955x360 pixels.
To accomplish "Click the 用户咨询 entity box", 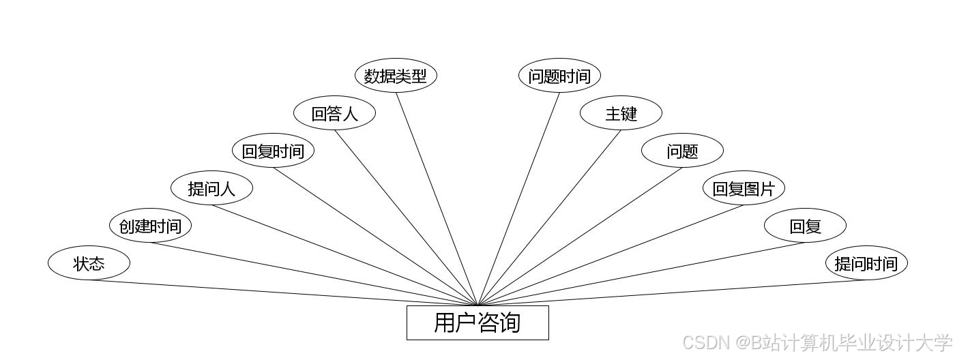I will (x=477, y=322).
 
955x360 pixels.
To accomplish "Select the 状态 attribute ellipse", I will (x=89, y=263).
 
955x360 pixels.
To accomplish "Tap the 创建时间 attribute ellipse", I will (x=150, y=226).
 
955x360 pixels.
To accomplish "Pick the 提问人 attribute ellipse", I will (x=211, y=188).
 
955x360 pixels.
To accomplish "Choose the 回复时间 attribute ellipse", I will (x=273, y=151).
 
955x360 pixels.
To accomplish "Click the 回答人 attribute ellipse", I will (x=334, y=113).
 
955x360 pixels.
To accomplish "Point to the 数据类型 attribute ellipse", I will (x=396, y=76).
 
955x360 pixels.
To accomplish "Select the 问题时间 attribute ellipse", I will (x=559, y=76).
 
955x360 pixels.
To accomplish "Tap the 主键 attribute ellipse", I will (x=621, y=113).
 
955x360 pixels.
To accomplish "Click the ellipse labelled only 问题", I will (x=682, y=151).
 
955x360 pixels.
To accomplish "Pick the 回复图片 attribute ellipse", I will (x=744, y=188).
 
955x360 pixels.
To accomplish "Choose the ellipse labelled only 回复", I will (x=805, y=226).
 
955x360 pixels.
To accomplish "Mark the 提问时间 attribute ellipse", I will (x=866, y=263).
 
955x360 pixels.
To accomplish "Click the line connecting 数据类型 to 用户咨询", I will (x=437, y=198).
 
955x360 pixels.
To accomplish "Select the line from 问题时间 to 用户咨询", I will (x=519, y=198).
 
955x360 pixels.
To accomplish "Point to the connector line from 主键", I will (x=550, y=217).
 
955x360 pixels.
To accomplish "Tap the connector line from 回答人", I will (x=406, y=217).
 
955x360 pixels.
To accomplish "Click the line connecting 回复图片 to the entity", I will (x=611, y=255).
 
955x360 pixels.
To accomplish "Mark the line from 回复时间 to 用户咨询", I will (x=375, y=236).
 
